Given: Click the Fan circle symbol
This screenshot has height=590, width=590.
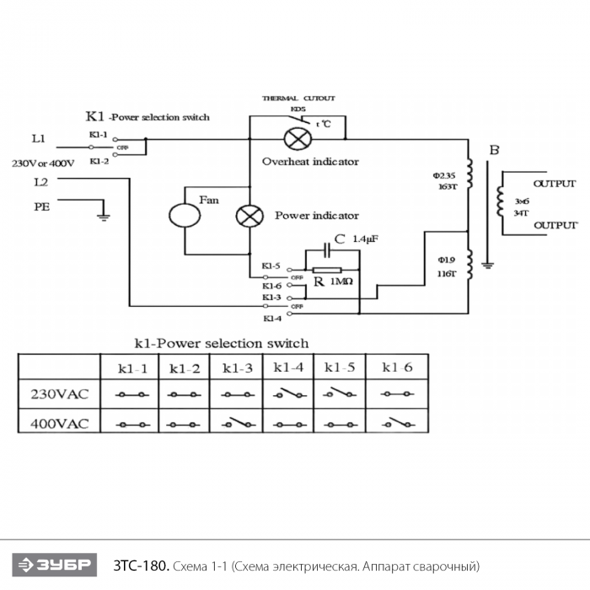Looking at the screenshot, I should pos(185,215).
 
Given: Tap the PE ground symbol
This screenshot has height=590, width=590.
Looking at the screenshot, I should pos(104,217).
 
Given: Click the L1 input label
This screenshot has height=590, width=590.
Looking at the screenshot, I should pos(39,137).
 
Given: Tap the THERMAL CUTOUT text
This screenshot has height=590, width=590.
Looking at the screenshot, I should pos(298,99).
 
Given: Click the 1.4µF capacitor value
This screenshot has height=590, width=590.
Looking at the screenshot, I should pos(365,239).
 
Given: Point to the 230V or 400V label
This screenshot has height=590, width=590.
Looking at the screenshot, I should pos(42,162).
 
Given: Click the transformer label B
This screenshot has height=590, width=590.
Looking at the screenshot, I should pos(495,151).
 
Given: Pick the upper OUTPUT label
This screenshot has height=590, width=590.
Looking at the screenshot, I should pos(555,184).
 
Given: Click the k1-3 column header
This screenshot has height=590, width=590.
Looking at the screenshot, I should pos(237,368).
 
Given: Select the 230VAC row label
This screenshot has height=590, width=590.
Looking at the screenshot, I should pos(60,394).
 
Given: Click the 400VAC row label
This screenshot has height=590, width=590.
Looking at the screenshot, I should pos(60,421).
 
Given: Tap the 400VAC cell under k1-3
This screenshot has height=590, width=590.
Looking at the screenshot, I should pos(237,421).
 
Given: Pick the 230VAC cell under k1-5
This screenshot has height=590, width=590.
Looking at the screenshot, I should pos(340,394).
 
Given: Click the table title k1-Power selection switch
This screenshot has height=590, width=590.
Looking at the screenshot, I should pos(222,343).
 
